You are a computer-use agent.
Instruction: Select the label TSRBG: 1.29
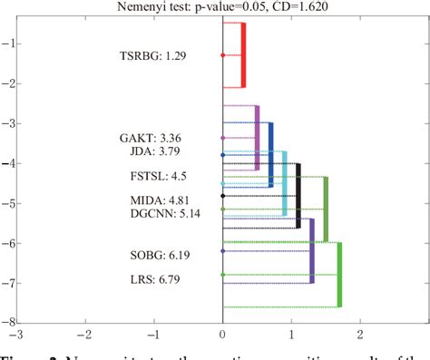152,56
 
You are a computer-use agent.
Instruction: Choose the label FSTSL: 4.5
161,176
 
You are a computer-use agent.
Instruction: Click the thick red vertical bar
243,55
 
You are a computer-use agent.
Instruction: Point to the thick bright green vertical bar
340,275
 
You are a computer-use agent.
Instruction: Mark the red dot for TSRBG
223,56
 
